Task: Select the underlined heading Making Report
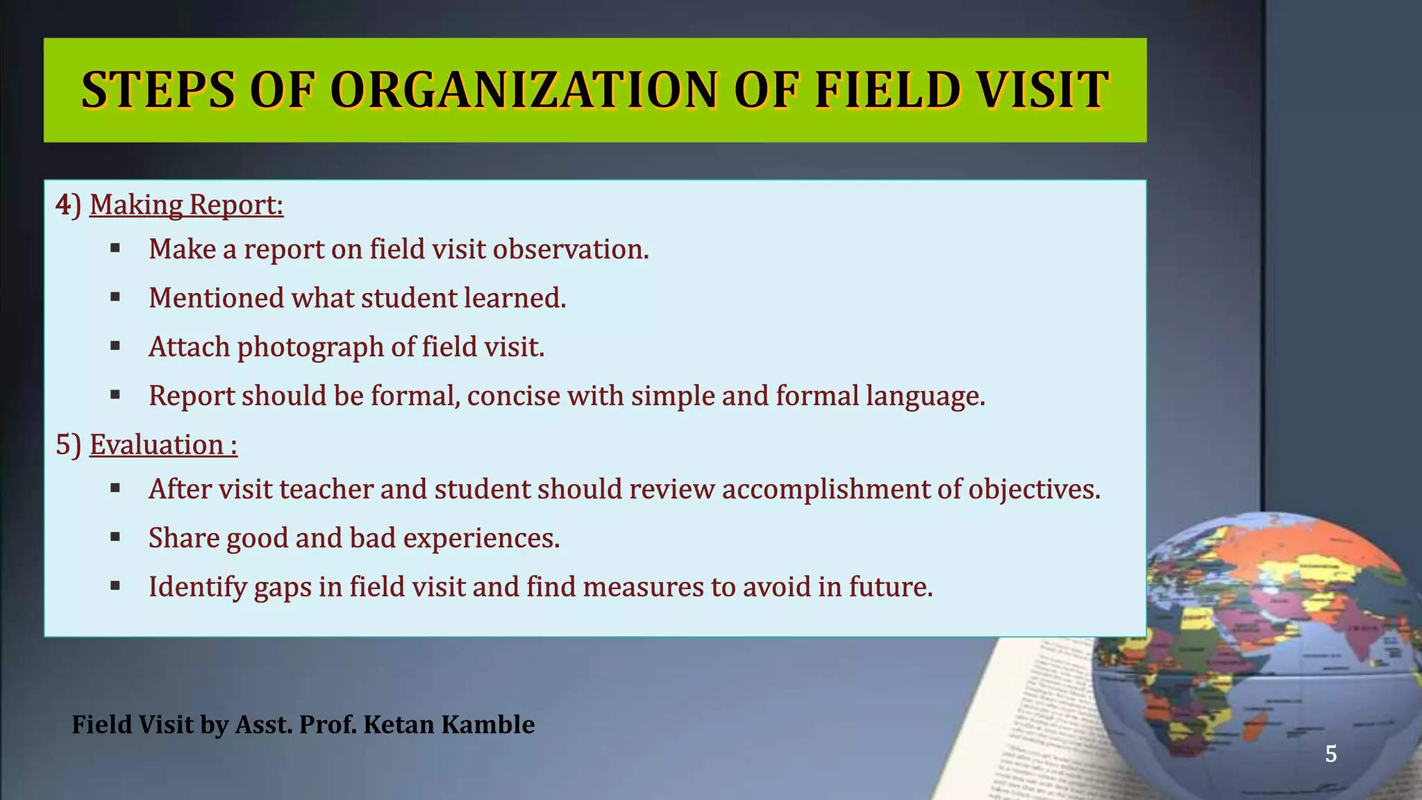click(186, 205)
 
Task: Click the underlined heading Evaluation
click(163, 445)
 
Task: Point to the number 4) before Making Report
click(68, 205)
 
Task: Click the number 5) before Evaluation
click(68, 445)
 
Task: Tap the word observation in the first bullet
click(570, 249)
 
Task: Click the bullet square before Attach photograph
click(115, 345)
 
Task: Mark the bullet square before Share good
click(115, 536)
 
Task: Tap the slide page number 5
click(1330, 753)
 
